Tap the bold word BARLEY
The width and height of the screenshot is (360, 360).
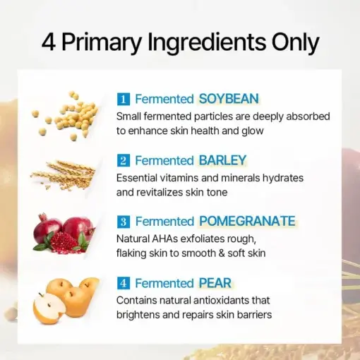click(x=222, y=160)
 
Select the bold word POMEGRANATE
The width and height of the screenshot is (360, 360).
click(x=247, y=222)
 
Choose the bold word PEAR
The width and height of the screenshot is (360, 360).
click(x=215, y=283)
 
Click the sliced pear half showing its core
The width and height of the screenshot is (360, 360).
click(x=49, y=309)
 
